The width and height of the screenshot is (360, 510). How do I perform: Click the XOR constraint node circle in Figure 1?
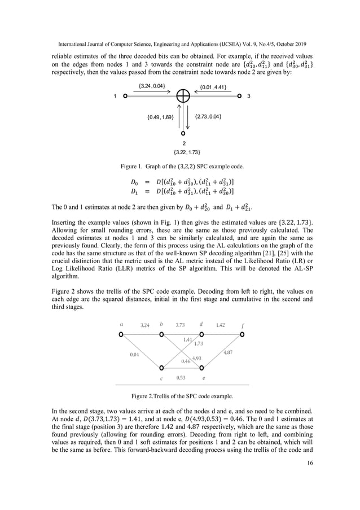pos(183,96)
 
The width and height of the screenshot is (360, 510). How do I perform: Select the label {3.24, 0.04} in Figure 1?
pos(152,86)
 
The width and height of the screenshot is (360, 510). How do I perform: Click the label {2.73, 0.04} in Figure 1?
pos(208,117)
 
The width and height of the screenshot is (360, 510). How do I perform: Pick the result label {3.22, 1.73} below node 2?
pos(183,152)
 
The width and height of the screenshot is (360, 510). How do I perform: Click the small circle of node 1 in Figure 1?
pos(125,96)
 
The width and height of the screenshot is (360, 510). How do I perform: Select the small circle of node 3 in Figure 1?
pos(239,96)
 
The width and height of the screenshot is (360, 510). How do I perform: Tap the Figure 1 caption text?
pos(179,167)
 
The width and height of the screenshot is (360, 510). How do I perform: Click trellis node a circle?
pos(120,335)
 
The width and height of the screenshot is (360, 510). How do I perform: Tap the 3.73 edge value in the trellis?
pos(181,325)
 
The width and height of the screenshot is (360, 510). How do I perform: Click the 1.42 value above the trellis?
pos(221,325)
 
